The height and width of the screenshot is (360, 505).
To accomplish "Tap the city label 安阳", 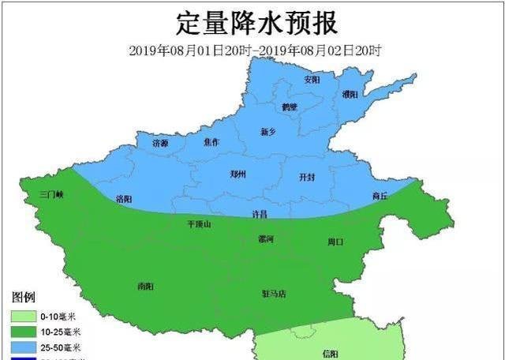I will [312, 80].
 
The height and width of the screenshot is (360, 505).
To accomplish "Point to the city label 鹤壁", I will [290, 107].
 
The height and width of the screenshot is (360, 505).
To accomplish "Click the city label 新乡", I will [270, 132].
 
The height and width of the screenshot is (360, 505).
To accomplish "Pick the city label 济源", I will [160, 143].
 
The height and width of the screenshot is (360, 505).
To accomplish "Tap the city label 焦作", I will [211, 142].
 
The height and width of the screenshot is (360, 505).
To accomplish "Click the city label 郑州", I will [238, 174].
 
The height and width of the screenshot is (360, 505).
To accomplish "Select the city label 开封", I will [308, 178].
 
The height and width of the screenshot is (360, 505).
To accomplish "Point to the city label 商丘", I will [380, 196].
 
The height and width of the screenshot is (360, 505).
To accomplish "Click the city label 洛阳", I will [124, 198].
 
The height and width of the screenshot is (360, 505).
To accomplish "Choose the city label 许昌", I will [260, 214].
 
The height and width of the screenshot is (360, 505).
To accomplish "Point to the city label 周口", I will [336, 242].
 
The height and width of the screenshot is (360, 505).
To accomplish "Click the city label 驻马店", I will [274, 294].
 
